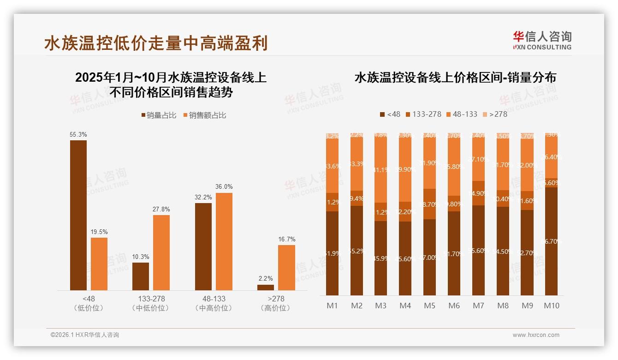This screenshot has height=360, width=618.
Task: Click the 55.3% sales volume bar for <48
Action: coord(78,215)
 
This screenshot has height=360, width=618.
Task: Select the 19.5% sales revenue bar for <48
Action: coord(99,264)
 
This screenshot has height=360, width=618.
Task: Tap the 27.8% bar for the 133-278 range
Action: coord(161,252)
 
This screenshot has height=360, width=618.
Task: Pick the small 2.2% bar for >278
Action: coord(265,288)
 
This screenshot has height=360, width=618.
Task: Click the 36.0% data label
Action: coord(224,187)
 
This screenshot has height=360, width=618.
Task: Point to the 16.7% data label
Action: coord(286,239)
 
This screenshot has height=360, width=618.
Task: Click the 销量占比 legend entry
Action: coord(159,115)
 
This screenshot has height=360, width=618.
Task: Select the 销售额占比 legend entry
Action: coord(205,115)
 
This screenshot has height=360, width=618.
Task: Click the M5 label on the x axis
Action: coord(429,306)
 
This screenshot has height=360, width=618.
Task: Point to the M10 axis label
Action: coord(551,306)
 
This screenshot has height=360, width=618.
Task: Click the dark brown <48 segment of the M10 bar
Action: coord(551,241)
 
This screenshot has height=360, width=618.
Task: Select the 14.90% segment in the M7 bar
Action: coord(478,193)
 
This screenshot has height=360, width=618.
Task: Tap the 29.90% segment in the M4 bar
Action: coord(405,169)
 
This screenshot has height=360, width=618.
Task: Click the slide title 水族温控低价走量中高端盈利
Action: coord(156,43)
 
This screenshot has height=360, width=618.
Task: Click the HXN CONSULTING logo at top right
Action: coord(542,40)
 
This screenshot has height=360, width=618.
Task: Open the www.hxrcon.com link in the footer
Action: coord(535,335)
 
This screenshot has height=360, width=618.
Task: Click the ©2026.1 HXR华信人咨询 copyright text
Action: coord(85,335)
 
